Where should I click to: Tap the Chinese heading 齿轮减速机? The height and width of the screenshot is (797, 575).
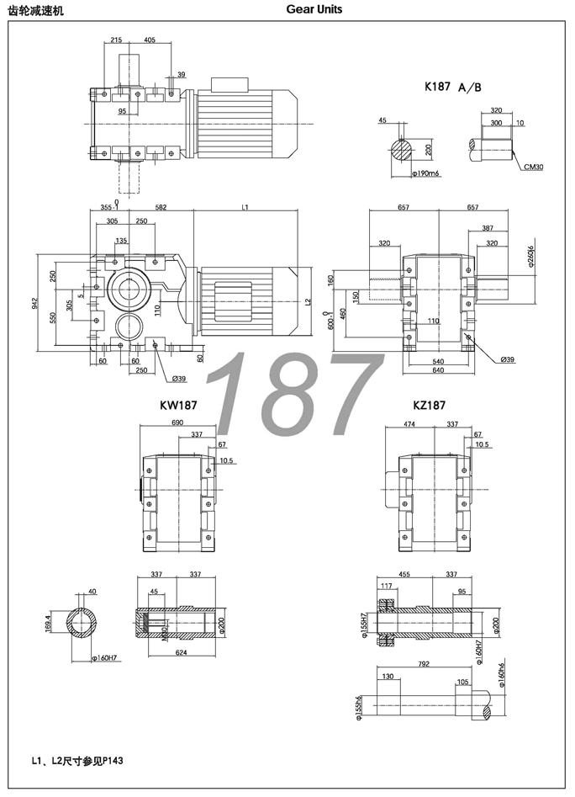(34, 10)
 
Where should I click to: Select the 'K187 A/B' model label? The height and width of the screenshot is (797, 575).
(453, 87)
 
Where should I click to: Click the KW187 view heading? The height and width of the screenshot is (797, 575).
(178, 405)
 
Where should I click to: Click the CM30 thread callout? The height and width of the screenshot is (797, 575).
(533, 167)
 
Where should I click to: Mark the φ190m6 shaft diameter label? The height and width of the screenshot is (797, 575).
(427, 173)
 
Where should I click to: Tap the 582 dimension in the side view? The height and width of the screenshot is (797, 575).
(161, 207)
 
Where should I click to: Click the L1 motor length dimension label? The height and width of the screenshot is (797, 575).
(245, 207)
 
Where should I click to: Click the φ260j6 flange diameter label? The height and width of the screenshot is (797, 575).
(530, 256)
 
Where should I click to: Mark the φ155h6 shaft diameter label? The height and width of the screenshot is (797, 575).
(357, 704)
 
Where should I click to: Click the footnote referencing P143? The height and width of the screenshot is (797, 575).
(76, 761)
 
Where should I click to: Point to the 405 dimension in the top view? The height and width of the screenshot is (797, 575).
(150, 40)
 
